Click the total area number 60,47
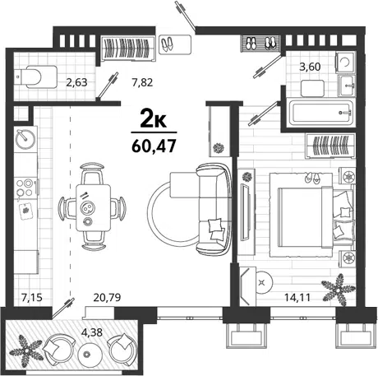pos(154,146)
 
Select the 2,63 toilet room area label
pos(76,82)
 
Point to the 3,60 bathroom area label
pos(310,67)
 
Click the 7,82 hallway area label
pos(142,82)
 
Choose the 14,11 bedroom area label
pos(297,297)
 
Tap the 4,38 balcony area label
pos(92,332)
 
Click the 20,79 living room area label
pos(107,297)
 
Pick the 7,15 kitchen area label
pos(32,297)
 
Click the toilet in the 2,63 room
pos(36,77)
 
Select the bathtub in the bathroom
pos(320,113)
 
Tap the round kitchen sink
pos(25,138)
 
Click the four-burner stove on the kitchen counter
pos(25,188)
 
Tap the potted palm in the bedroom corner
pos(339,290)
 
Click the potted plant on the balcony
pos(26,350)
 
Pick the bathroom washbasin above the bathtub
pos(347,86)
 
